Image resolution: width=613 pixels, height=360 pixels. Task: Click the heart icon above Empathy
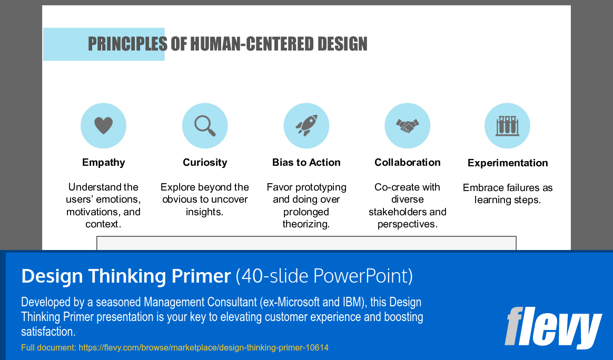103,126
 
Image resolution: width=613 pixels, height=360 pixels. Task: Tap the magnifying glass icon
205,126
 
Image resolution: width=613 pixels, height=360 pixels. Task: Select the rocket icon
306,126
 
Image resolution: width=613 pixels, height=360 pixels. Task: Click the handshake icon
407,126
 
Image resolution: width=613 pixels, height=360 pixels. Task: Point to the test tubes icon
507,126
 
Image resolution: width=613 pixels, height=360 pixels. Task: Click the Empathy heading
103,163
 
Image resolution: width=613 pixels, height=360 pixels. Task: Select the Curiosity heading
205,163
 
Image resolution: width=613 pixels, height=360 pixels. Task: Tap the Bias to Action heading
306,163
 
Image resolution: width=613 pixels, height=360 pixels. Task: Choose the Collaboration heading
407,163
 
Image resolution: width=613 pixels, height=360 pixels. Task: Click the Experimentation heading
508,163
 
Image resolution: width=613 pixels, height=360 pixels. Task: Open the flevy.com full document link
203,348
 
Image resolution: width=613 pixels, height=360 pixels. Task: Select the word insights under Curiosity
204,212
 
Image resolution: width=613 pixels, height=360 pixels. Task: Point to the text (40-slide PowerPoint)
324,276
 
